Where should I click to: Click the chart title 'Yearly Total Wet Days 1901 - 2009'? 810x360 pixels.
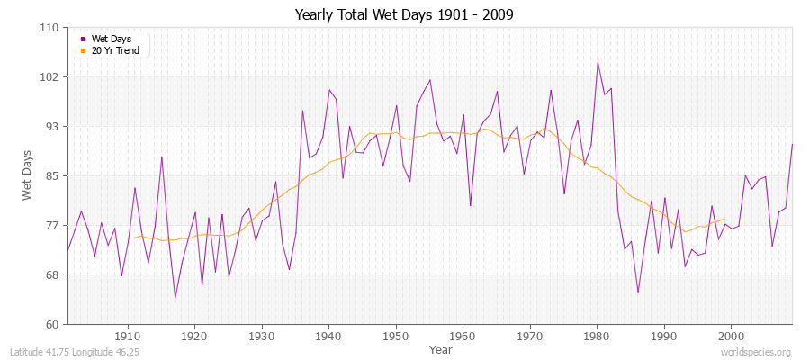[404, 15]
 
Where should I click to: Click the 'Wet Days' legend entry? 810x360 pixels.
[112, 40]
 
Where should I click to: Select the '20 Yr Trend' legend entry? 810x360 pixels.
[117, 50]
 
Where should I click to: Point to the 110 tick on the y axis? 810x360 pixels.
[50, 28]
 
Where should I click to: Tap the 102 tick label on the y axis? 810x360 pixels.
[50, 77]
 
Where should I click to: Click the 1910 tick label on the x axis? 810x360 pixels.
[128, 336]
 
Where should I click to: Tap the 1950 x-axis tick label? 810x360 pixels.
[396, 336]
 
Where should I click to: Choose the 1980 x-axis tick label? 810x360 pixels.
[597, 336]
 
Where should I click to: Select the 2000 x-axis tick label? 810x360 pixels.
[731, 336]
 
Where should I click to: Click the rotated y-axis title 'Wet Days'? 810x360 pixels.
[28, 176]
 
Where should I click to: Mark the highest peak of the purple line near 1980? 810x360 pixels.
[597, 62]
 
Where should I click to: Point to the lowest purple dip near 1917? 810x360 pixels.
[175, 298]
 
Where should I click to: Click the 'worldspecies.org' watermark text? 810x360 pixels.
[755, 352]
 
